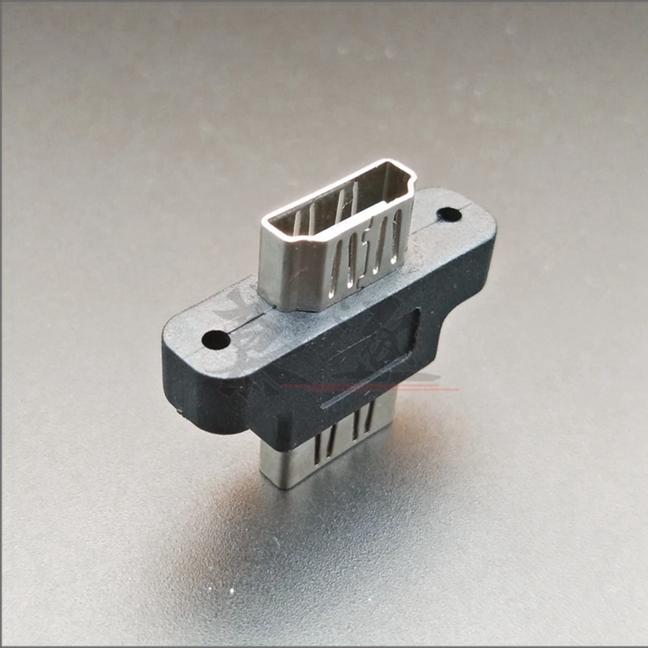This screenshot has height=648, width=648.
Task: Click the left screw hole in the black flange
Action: tap(216, 340)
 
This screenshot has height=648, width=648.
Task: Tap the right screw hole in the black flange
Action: tap(448, 214)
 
